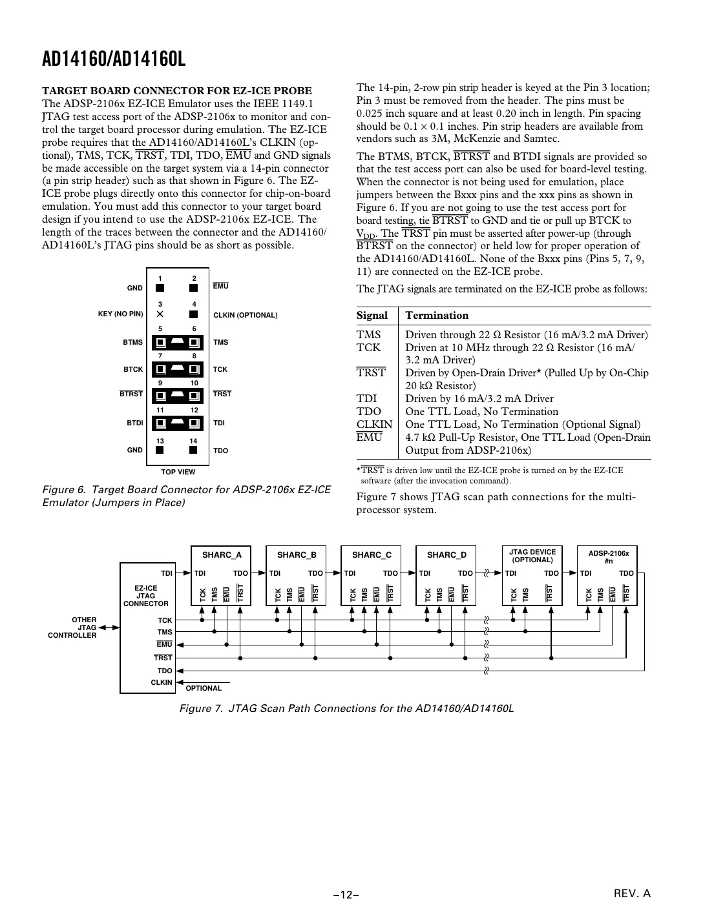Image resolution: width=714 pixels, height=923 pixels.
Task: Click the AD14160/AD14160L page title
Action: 114,60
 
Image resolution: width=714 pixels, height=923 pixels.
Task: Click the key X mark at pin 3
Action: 160,314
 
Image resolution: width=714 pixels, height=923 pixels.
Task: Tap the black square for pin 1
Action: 160,288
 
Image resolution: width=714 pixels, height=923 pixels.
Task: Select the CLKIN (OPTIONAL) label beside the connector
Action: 245,315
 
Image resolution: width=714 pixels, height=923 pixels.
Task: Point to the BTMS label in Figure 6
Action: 133,342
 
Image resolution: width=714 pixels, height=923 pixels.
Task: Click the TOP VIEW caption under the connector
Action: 178,472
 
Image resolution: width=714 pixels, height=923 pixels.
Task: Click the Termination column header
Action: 436,316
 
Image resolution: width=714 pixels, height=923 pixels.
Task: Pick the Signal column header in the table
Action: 372,316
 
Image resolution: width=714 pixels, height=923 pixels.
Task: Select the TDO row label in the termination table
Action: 369,411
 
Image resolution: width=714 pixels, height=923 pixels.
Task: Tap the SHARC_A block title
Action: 222,554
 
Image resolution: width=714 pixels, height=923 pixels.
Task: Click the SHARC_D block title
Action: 446,554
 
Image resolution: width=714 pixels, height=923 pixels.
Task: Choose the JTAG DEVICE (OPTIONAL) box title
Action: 532,556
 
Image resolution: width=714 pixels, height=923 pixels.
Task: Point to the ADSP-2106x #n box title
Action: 608,556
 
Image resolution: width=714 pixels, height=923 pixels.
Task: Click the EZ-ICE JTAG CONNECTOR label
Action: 145,596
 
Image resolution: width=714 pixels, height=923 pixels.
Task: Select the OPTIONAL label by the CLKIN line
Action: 204,688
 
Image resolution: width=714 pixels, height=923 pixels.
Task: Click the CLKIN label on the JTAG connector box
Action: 162,682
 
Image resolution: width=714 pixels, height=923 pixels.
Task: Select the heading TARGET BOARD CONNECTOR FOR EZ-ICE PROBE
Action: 176,90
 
